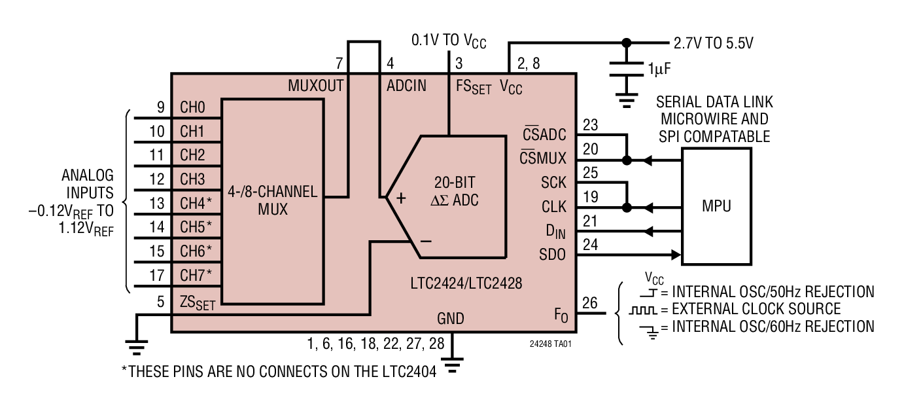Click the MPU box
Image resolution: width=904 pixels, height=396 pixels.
716,206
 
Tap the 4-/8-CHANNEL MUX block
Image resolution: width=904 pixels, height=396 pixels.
273,201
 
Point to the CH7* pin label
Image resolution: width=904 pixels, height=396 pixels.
196,274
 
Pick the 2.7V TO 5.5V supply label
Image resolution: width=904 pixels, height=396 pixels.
714,43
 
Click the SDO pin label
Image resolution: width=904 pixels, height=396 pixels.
553,255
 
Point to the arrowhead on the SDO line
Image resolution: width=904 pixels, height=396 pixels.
676,255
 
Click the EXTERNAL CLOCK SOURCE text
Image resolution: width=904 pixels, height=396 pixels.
752,309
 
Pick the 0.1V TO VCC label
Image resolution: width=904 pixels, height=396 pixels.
449,41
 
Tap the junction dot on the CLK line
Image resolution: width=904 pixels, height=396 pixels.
626,207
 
